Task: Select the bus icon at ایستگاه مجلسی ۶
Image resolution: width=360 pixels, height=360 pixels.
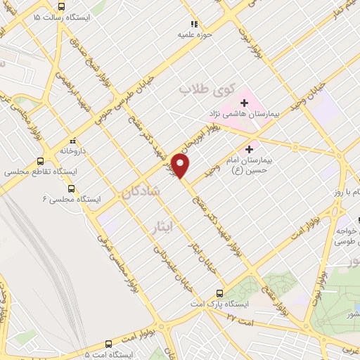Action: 71,188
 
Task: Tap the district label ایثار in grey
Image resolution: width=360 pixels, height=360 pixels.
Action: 162,225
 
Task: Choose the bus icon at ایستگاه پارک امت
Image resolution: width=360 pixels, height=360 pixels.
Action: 219,293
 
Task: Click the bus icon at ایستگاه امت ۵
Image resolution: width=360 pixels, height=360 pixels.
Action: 108,344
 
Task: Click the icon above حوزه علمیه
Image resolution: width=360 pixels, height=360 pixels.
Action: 193,23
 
